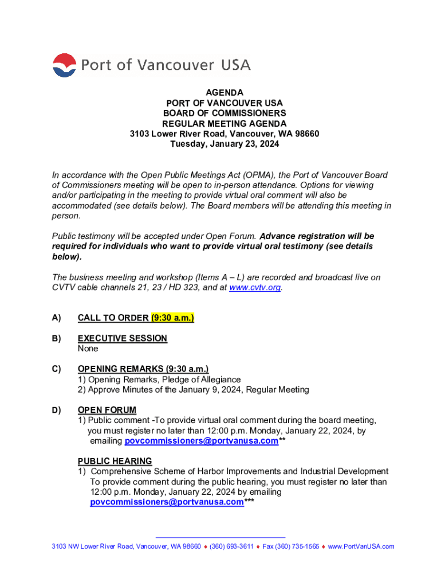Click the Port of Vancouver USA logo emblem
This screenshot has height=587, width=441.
tap(64, 65)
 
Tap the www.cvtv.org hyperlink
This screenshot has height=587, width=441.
tap(255, 288)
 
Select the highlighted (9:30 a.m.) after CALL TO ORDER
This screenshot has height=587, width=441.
tap(172, 318)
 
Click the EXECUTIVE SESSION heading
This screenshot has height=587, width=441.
tap(123, 338)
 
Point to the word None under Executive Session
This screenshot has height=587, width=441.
tap(88, 349)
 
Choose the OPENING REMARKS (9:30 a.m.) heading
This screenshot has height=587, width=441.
tap(143, 369)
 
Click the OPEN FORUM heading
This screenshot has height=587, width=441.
tap(107, 410)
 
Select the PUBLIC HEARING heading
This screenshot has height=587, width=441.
tap(115, 461)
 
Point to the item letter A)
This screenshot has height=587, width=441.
tap(57, 318)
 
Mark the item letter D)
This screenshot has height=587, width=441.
tap(57, 410)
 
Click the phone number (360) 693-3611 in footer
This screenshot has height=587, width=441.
tap(231, 546)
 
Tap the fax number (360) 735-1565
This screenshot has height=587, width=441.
tap(291, 546)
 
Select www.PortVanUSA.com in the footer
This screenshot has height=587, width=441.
tap(361, 546)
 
